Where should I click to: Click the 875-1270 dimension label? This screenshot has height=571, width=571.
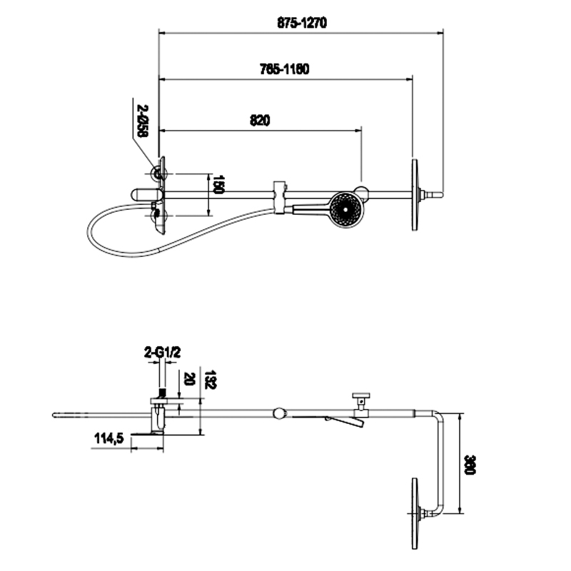click(302, 22)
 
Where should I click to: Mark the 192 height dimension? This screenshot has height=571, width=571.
click(210, 378)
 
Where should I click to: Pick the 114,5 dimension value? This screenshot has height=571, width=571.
click(109, 439)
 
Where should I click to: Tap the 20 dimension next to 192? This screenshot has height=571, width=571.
click(189, 378)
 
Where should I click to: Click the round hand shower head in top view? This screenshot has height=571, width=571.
click(347, 209)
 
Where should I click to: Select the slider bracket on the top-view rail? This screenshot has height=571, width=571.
click(279, 196)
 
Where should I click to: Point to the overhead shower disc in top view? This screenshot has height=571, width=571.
click(413, 194)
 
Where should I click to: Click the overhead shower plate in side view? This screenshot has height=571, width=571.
click(413, 513)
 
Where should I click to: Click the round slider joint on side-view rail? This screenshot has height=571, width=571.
click(279, 413)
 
